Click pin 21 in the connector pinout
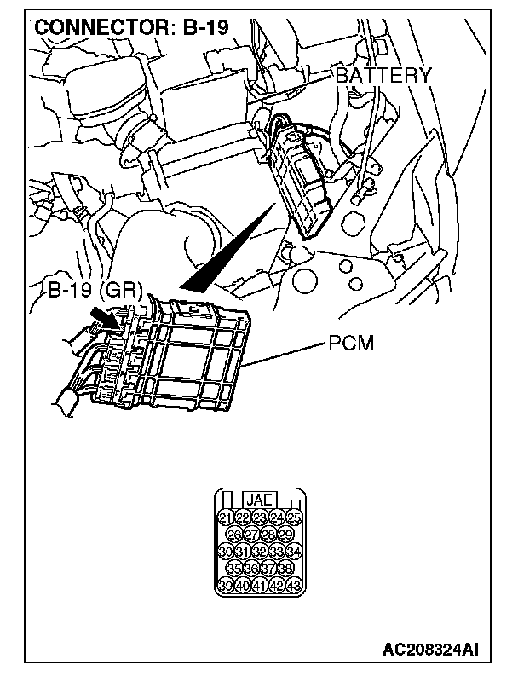[225, 517]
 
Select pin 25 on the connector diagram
[293, 517]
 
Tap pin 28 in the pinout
[268, 535]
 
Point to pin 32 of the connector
[259, 552]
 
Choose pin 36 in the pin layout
[250, 569]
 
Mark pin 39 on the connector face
[225, 586]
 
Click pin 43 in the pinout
[293, 586]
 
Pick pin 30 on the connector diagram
[225, 552]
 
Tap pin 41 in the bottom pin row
[259, 586]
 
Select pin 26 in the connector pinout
[233, 535]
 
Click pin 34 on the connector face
[293, 552]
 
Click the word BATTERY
[383, 75]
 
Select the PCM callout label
[351, 346]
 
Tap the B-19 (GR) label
[95, 289]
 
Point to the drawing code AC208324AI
[430, 650]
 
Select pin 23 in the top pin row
[259, 517]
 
